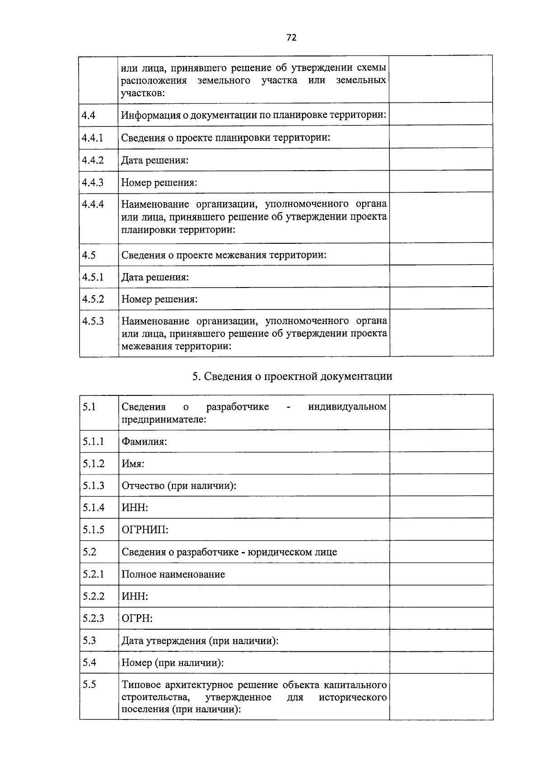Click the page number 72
[291, 37]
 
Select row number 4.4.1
[93, 137]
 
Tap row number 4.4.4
[93, 204]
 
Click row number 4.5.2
[93, 299]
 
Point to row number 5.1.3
[93, 485]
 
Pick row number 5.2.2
[93, 596]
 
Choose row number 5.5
[89, 685]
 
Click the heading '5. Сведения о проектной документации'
[292, 376]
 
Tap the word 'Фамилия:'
[144, 441]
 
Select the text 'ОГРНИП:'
[145, 529]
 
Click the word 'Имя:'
[133, 464]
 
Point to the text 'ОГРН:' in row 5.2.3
[137, 618]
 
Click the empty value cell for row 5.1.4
[441, 507]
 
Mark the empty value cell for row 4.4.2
[441, 159]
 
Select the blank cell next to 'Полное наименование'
[441, 574]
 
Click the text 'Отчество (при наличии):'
[179, 486]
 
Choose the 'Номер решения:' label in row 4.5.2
[159, 299]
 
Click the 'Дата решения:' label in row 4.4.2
[155, 160]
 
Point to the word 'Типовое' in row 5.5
[141, 685]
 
